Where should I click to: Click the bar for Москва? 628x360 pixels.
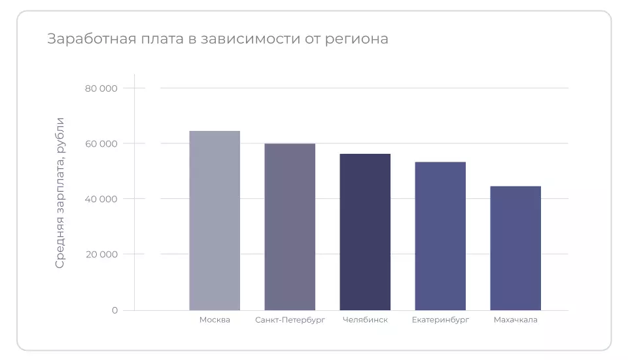(x=215, y=221)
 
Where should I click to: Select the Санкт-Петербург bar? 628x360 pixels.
(x=290, y=226)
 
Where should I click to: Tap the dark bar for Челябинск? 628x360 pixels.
(x=365, y=232)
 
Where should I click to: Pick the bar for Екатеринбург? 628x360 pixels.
(x=440, y=236)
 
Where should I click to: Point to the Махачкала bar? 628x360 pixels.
(x=515, y=248)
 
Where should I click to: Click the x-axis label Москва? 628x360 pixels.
(x=215, y=320)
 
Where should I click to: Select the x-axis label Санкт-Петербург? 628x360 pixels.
(x=290, y=320)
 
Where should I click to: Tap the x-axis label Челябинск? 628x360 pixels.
(x=365, y=320)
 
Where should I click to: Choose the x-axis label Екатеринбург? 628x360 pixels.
(x=440, y=320)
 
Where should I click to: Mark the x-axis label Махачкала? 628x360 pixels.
(x=515, y=320)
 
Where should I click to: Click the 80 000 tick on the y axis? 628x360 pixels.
(x=101, y=88)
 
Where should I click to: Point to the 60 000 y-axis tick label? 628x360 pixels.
(x=101, y=143)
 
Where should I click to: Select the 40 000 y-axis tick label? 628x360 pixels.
(x=101, y=199)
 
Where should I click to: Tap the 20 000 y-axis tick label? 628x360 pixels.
(x=101, y=254)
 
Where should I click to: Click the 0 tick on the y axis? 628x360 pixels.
(x=114, y=310)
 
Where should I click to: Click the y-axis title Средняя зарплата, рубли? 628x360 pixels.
(x=60, y=192)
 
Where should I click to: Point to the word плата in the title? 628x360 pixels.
(x=156, y=39)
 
